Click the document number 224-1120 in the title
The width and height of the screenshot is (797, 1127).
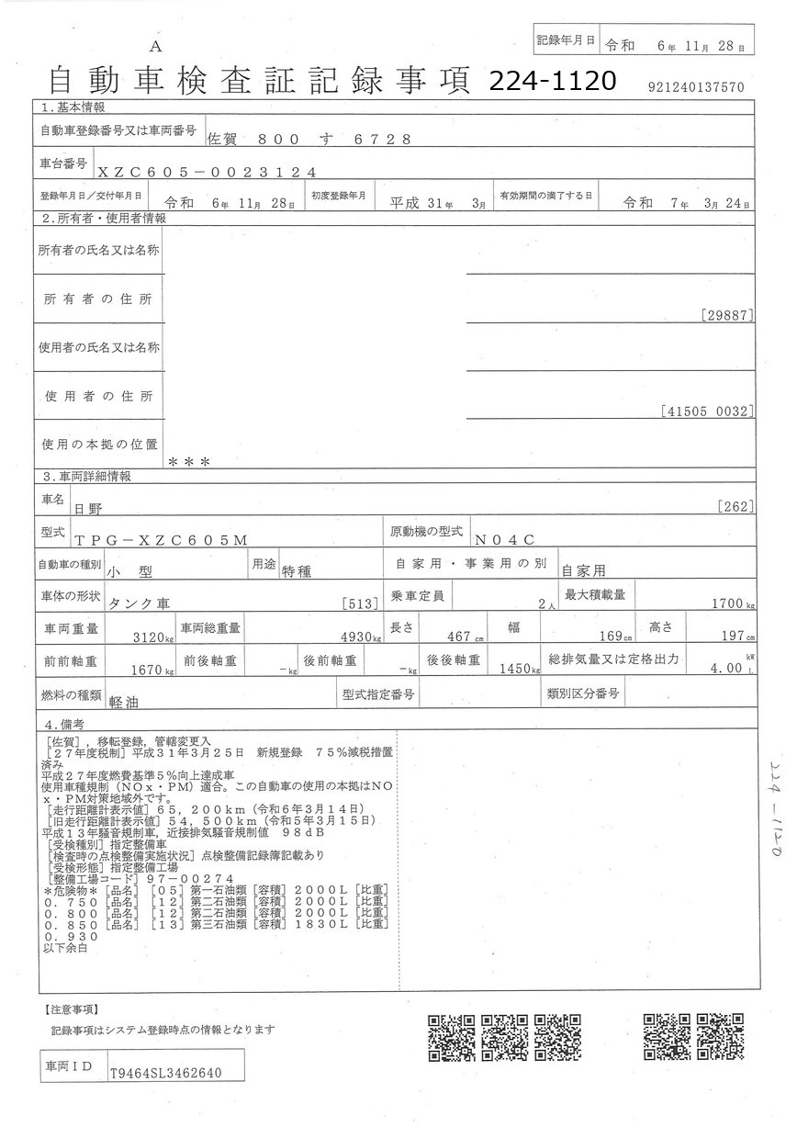click(552, 81)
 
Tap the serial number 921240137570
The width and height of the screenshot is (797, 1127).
click(695, 86)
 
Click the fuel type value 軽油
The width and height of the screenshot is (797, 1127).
click(123, 699)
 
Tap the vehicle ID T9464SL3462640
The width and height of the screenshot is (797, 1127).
click(164, 1072)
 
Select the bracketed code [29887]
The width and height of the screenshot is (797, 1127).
click(728, 315)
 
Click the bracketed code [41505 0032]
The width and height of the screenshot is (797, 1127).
click(707, 412)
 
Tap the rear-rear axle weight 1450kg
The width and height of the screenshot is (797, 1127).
click(517, 669)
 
